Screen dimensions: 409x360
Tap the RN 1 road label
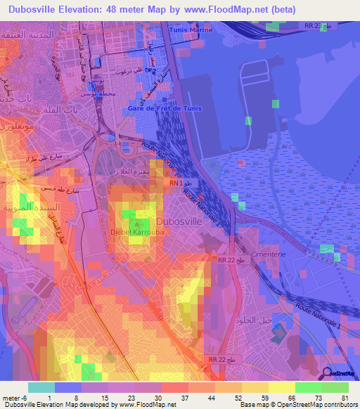coord(174,183)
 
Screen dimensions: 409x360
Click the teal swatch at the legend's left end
coord(41,387)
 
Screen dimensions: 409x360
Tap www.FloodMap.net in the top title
coord(224,9)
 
